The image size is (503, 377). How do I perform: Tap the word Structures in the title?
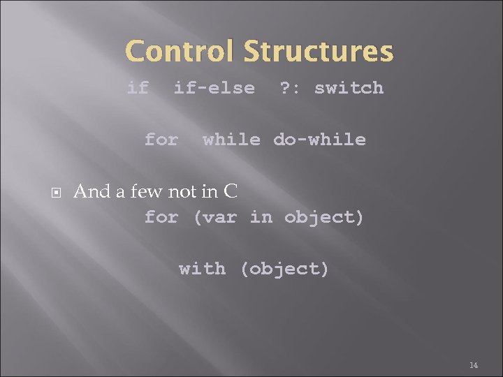coord(319,52)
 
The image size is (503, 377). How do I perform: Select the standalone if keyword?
coord(138,88)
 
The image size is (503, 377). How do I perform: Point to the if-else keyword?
coord(214,88)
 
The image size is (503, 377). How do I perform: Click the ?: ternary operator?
coord(290,88)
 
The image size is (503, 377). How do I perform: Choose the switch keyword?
coord(349,88)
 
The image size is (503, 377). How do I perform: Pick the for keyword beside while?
coord(161,140)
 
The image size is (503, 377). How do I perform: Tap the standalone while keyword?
coord(231,140)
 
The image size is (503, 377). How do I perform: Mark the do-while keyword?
coord(319,140)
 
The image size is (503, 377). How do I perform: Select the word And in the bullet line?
coord(89,191)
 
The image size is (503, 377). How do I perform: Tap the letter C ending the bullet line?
coord(231,191)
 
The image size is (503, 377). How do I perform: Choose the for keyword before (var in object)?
coord(161,217)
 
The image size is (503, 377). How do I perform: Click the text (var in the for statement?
coord(214,217)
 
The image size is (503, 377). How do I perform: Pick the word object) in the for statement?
coord(324,217)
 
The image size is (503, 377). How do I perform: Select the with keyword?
coord(202,269)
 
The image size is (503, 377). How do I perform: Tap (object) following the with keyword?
coord(284,269)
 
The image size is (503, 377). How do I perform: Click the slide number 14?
coord(473,365)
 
